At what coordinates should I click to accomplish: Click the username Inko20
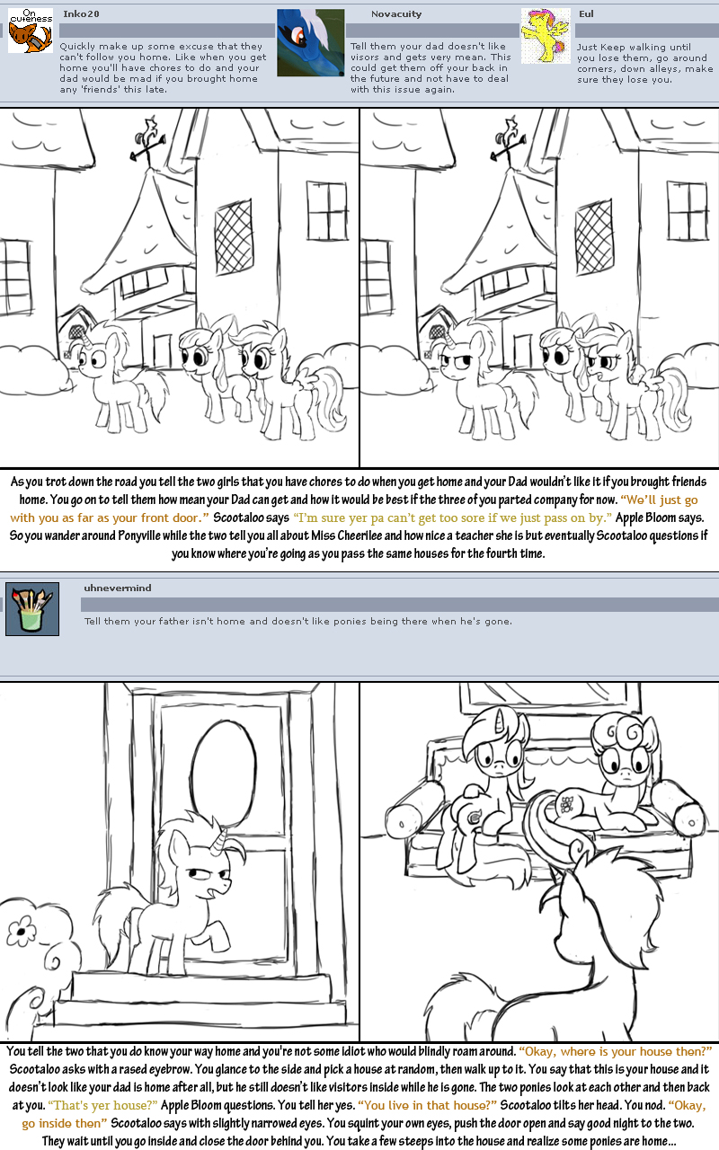pyautogui.click(x=81, y=13)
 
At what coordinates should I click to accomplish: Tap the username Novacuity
pyautogui.click(x=396, y=14)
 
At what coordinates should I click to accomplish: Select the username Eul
pyautogui.click(x=586, y=13)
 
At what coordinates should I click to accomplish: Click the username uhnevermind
pyautogui.click(x=118, y=588)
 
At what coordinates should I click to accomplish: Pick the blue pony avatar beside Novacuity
pyautogui.click(x=311, y=42)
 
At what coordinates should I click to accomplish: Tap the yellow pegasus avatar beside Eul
pyautogui.click(x=546, y=36)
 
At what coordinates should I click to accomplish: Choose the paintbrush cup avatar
pyautogui.click(x=32, y=609)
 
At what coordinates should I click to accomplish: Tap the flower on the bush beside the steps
pyautogui.click(x=21, y=931)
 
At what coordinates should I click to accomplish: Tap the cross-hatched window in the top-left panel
pyautogui.click(x=235, y=236)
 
